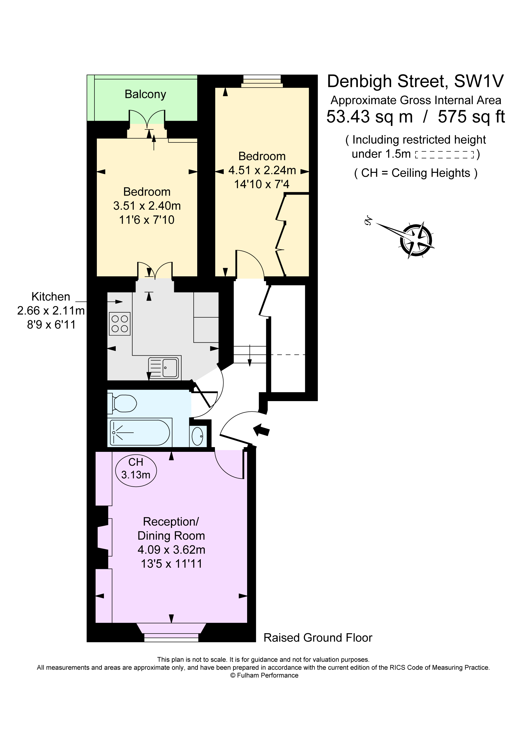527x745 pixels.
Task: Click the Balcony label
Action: [145, 94]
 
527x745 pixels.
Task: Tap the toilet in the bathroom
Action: [123, 404]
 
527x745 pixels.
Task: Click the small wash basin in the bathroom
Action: [197, 436]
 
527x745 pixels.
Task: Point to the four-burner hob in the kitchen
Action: [120, 324]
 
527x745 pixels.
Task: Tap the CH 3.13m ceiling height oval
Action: [136, 469]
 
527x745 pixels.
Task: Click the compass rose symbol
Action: [416, 240]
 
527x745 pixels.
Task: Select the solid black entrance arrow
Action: [262, 430]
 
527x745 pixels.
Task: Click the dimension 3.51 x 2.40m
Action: [147, 206]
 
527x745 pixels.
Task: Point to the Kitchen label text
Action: [51, 297]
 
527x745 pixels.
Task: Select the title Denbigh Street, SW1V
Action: [415, 81]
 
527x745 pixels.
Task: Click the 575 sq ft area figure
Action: [471, 117]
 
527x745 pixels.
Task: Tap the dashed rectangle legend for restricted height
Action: [444, 155]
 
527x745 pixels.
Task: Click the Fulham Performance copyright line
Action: [264, 675]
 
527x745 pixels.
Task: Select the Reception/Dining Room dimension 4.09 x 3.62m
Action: [171, 550]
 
